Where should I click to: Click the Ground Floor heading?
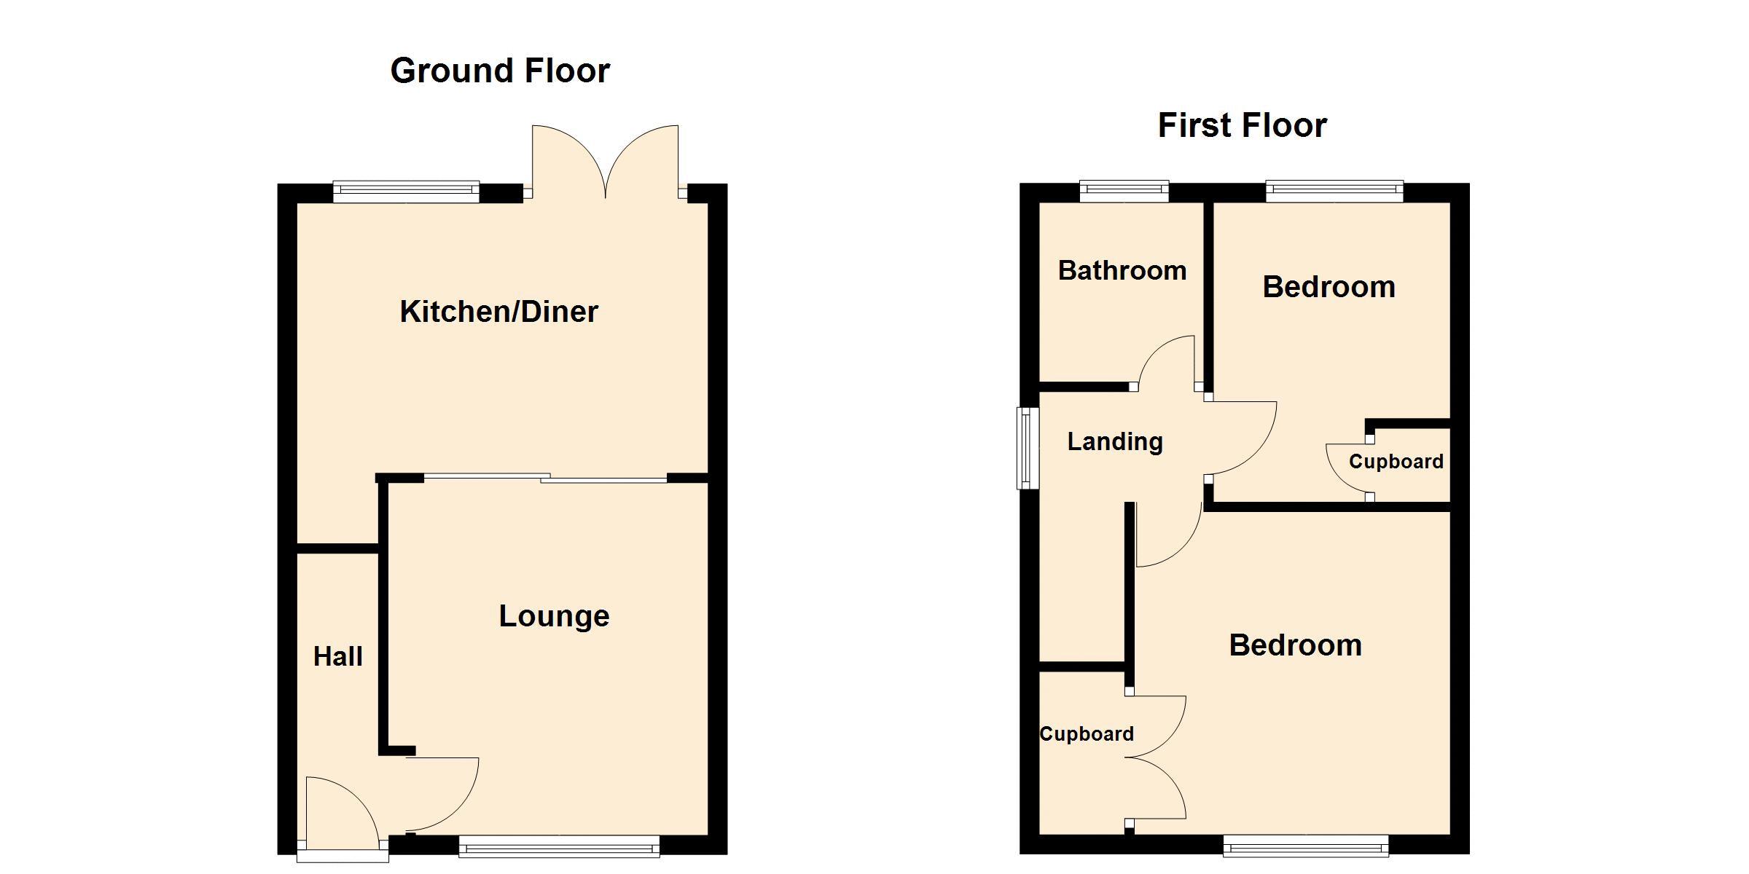(500, 71)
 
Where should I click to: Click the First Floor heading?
(1243, 125)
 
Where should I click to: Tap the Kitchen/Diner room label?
(499, 312)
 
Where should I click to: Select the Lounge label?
(554, 616)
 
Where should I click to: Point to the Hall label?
(338, 657)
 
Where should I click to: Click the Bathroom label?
(1122, 271)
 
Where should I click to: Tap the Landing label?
(1115, 442)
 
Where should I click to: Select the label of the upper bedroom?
(1329, 287)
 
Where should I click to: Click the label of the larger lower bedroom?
(1296, 645)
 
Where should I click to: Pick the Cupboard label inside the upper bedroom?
(1396, 462)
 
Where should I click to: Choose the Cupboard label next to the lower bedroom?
(1087, 734)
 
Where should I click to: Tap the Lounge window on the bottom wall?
(560, 846)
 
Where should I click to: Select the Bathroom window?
(1124, 191)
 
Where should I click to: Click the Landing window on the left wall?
(1028, 448)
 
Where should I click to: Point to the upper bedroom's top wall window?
(1335, 191)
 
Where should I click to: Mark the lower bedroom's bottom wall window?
(1306, 846)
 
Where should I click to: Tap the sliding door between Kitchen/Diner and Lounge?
(545, 479)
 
